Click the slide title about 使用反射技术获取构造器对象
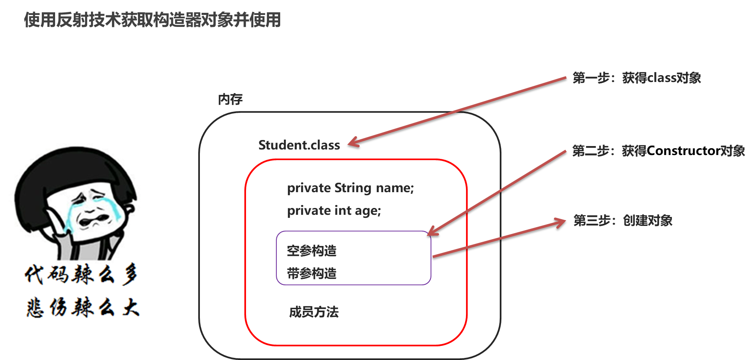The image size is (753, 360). click(152, 20)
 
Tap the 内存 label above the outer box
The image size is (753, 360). click(230, 99)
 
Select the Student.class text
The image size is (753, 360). click(299, 145)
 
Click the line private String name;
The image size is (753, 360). click(350, 188)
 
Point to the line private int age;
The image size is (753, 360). click(334, 211)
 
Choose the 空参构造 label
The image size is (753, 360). click(311, 251)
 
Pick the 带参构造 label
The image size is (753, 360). click(311, 273)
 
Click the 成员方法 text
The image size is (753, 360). click(314, 312)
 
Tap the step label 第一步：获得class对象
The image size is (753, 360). click(636, 78)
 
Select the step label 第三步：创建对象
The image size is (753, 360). click(623, 220)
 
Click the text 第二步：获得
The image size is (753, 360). click(609, 151)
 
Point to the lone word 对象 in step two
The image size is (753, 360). click(732, 151)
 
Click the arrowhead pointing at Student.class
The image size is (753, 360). click(353, 143)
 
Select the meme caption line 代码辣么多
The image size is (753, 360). click(81, 274)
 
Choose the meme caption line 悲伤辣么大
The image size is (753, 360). click(82, 307)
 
